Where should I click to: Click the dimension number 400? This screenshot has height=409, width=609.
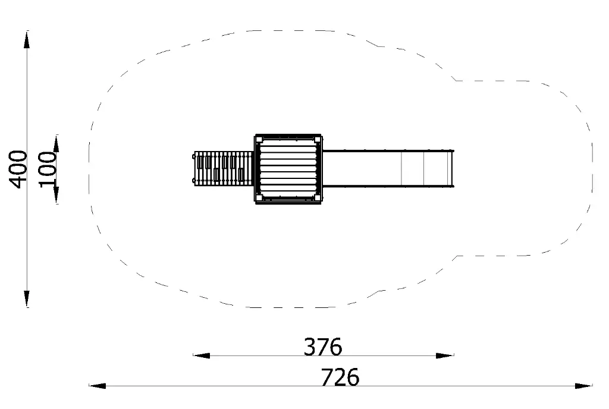pyautogui.click(x=18, y=169)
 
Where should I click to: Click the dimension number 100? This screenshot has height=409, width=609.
pyautogui.click(x=48, y=169)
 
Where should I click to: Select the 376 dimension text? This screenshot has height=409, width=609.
pyautogui.click(x=323, y=347)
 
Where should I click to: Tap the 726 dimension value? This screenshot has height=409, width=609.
pyautogui.click(x=340, y=377)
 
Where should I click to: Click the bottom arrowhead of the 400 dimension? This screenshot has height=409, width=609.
pyautogui.click(x=27, y=298)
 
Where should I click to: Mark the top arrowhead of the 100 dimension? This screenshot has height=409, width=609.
pyautogui.click(x=56, y=144)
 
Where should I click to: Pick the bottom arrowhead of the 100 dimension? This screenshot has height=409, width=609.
pyautogui.click(x=56, y=195)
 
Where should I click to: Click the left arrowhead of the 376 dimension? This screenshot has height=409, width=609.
pyautogui.click(x=202, y=355)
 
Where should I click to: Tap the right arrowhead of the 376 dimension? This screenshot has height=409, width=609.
pyautogui.click(x=445, y=355)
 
